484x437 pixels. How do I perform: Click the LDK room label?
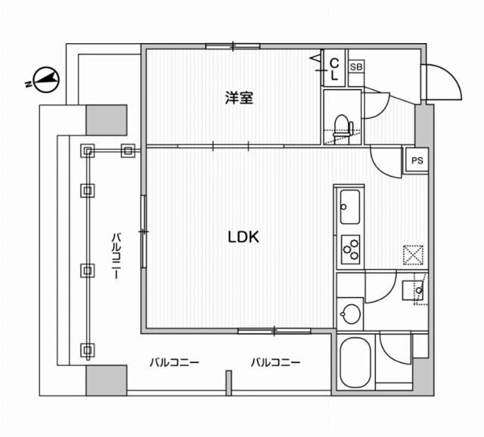click(244, 237)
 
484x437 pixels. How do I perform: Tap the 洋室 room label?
click(238, 98)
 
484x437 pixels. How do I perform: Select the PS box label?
click(416, 160)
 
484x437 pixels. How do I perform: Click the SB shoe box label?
click(355, 67)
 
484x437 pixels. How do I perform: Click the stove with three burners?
click(350, 248)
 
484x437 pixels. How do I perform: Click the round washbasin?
click(350, 312)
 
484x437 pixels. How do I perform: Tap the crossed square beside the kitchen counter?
click(413, 254)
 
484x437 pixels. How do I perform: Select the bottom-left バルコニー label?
click(174, 362)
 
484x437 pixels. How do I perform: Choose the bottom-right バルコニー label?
click(277, 362)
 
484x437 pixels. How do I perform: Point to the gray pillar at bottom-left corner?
click(106, 380)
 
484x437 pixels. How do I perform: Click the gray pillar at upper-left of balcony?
click(106, 119)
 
